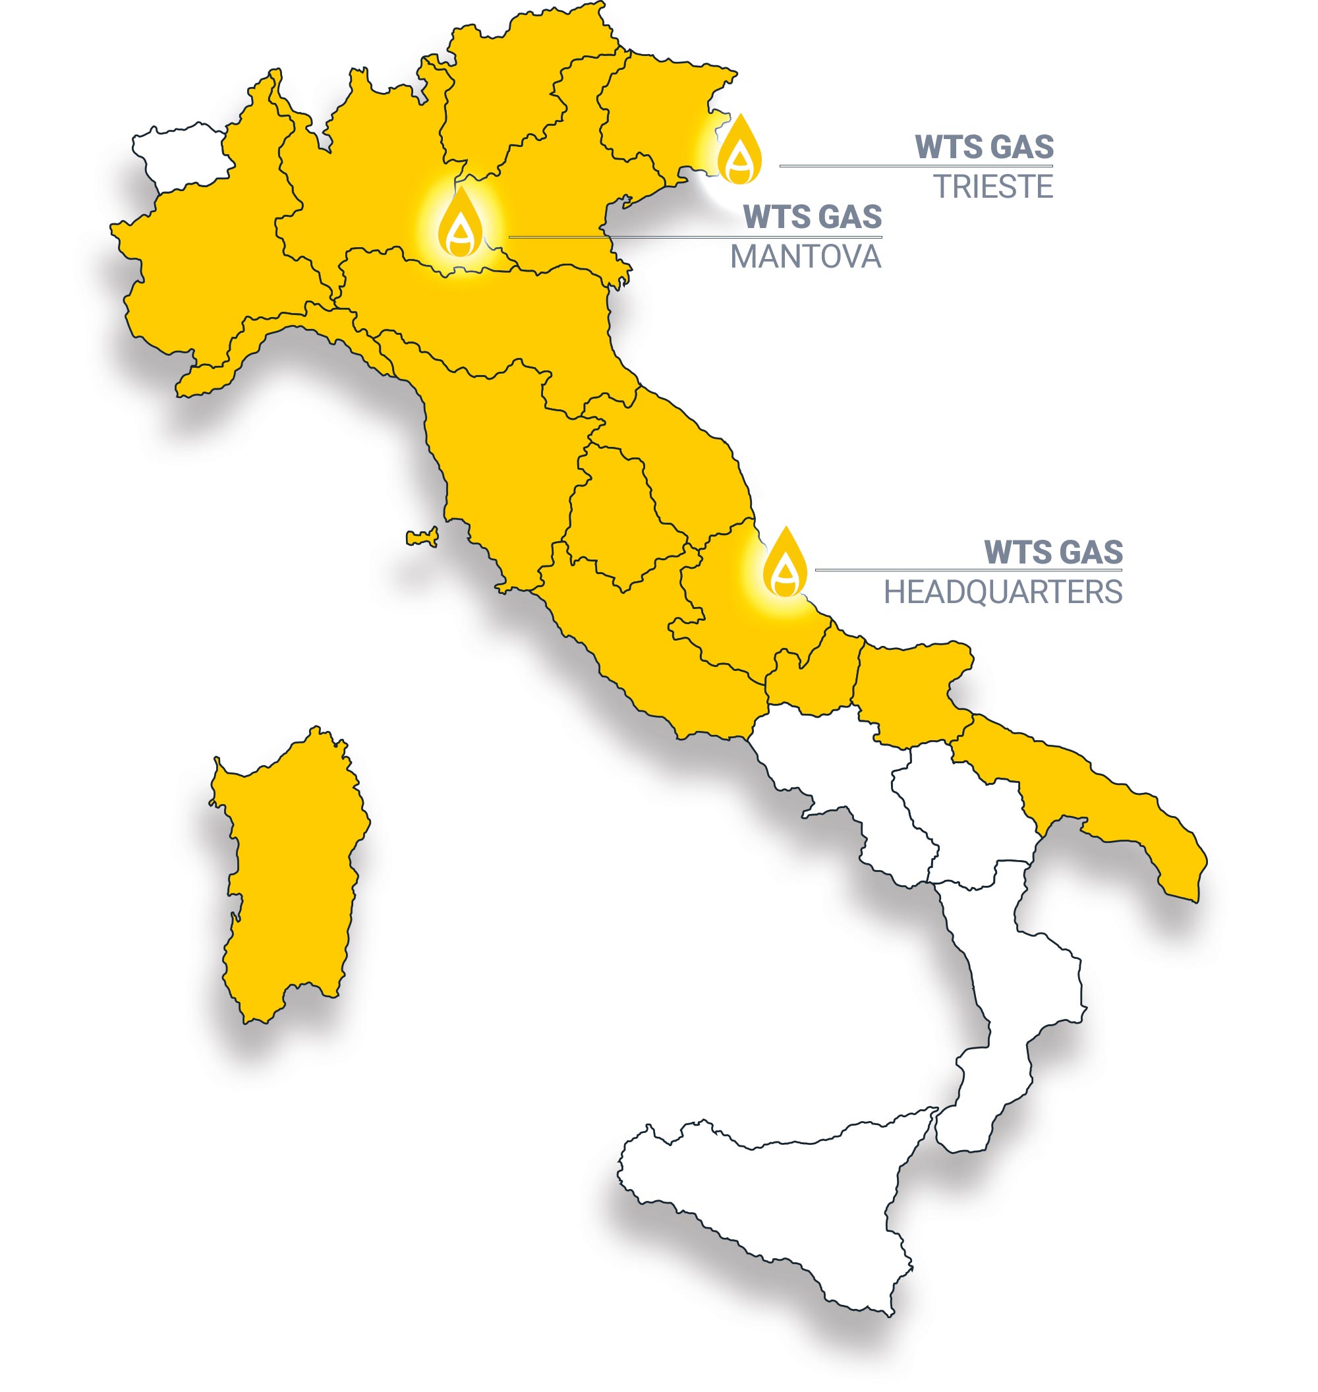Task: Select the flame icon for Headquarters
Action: (x=785, y=562)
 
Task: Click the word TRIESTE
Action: (x=992, y=187)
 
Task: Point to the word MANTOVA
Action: (x=805, y=257)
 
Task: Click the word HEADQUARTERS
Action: (x=1002, y=593)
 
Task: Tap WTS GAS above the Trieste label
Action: (x=984, y=147)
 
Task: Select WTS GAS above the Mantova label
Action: (x=812, y=216)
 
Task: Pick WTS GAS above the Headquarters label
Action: (x=1053, y=552)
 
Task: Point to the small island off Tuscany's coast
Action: (x=423, y=538)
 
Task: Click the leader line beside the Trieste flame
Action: (x=913, y=167)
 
